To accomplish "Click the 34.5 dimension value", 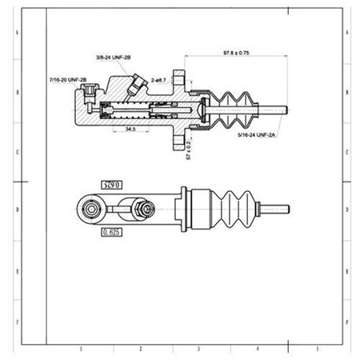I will coord(130,128).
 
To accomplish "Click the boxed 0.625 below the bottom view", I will coord(113,234).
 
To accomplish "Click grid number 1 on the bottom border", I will coord(80,349).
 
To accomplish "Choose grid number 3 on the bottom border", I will coord(198,349).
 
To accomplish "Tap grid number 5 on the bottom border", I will coord(318,349).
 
